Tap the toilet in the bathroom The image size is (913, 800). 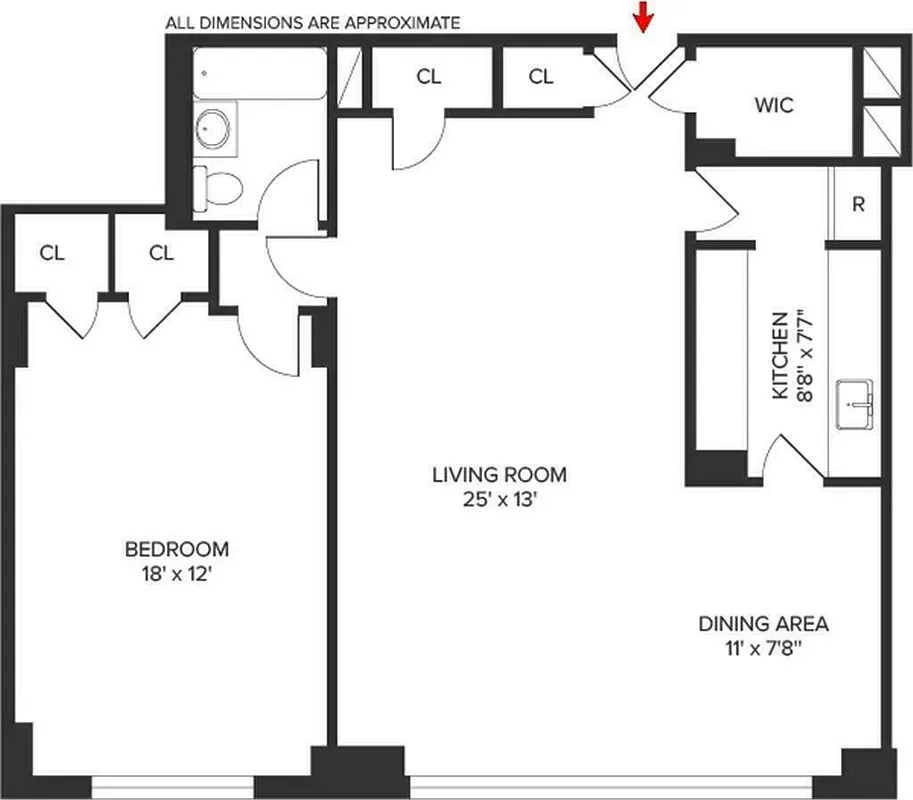tap(218, 186)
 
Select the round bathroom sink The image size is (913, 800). tap(212, 127)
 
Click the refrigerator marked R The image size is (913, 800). tap(857, 204)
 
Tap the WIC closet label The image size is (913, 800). tap(775, 103)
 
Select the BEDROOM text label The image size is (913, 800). tap(176, 549)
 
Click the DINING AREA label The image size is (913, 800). tap(763, 624)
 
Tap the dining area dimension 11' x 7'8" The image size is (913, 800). tap(763, 649)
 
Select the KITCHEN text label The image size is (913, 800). tap(781, 355)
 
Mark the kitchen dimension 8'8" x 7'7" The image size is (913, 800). tap(806, 355)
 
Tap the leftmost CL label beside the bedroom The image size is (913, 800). tap(52, 253)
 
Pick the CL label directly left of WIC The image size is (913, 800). tap(541, 76)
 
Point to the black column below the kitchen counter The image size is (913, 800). tap(716, 467)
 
